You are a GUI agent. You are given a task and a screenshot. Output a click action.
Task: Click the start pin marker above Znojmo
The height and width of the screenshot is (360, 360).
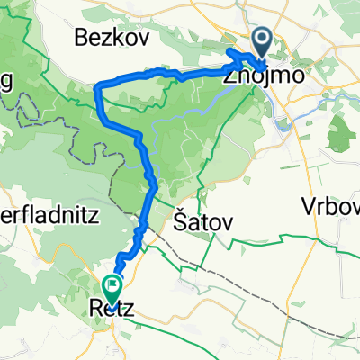[x=263, y=40]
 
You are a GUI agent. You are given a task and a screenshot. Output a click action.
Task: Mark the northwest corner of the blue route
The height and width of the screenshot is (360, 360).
[x=98, y=85]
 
